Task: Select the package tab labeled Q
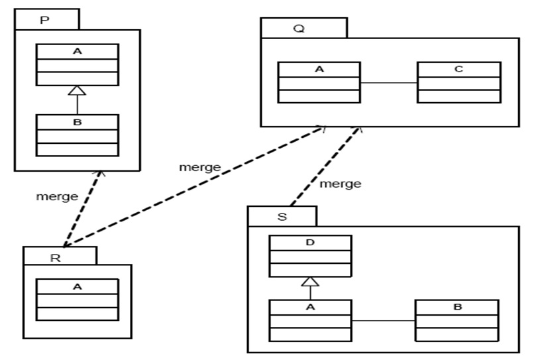[303, 28]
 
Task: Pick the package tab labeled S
[282, 216]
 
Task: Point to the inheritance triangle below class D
[310, 282]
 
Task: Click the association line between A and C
[388, 83]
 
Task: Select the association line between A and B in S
[383, 321]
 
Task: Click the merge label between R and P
[57, 196]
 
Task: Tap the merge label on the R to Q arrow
[199, 167]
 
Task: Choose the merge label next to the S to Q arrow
[341, 184]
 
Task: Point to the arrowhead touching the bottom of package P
[99, 174]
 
